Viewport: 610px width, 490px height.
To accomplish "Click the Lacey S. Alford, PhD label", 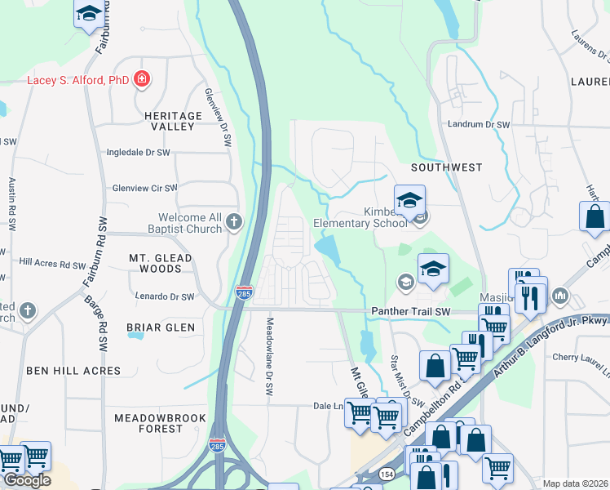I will pos(77,80).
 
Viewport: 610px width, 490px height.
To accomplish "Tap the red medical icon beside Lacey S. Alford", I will pos(142,79).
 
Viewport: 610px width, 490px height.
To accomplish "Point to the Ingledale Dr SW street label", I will pos(139,153).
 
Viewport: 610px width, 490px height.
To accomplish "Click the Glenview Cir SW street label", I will pos(144,188).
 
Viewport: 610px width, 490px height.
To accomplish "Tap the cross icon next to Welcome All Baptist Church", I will pos(234,220).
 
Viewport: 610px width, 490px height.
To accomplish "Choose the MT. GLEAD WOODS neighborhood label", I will pos(161,263).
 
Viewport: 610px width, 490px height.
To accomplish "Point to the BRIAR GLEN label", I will pos(161,327).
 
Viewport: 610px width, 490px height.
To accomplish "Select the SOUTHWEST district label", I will pos(446,167).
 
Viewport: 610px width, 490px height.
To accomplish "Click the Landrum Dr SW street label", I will pos(478,125).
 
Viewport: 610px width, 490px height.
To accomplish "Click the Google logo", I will pos(27,479).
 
